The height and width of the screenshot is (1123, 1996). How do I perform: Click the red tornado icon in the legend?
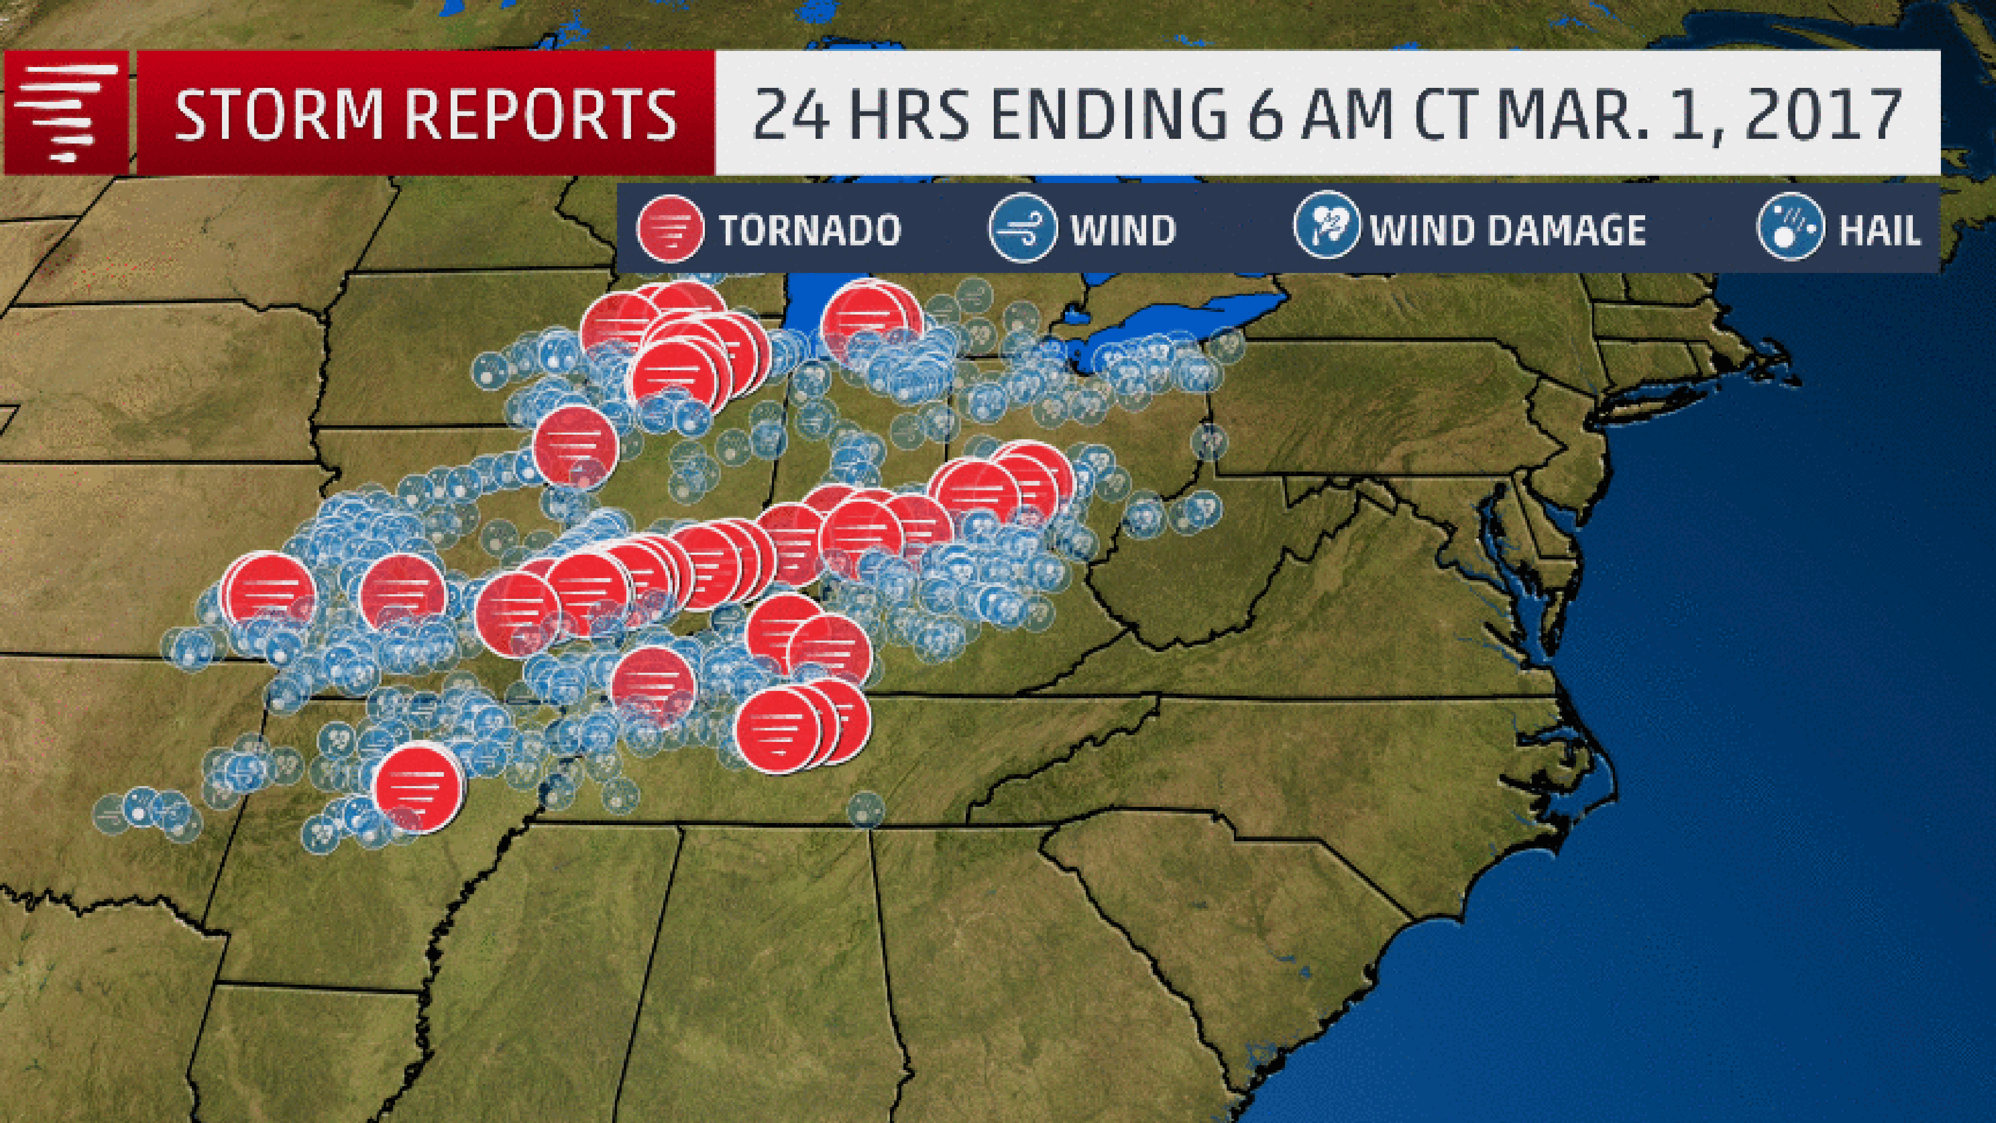[669, 229]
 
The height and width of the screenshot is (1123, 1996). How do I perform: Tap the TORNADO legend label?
[810, 230]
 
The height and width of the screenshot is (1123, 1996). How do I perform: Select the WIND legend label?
[1123, 230]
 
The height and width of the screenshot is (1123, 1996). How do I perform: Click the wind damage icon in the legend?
[1327, 225]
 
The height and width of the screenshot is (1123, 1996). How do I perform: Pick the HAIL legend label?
[1880, 230]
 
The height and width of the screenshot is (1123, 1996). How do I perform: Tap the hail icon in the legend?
[1791, 226]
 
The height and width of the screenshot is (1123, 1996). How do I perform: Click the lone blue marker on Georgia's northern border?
[865, 809]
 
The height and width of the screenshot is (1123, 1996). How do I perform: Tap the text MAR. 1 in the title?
[1607, 115]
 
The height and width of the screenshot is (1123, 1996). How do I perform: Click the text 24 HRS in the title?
[860, 115]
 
